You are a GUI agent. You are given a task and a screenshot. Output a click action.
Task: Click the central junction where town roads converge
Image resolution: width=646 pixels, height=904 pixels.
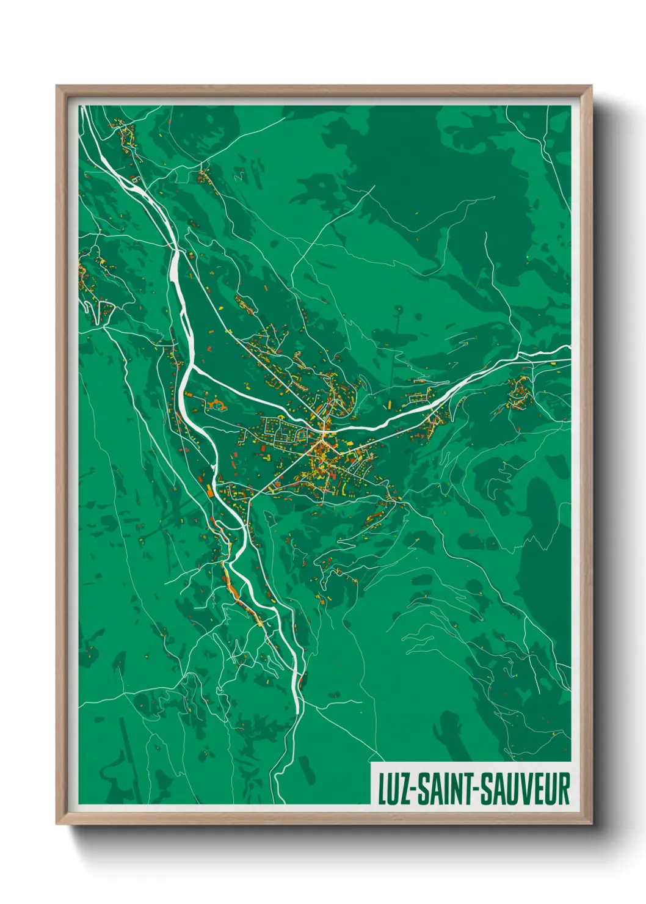coord(322,436)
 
